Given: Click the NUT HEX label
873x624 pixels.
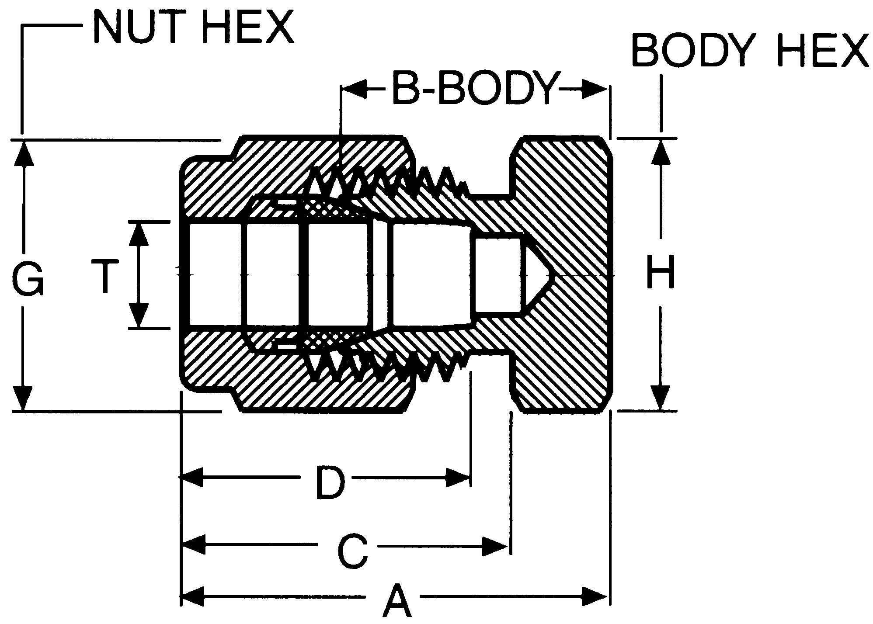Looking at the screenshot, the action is [193, 27].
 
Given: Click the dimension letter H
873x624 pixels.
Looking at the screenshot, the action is [661, 272].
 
